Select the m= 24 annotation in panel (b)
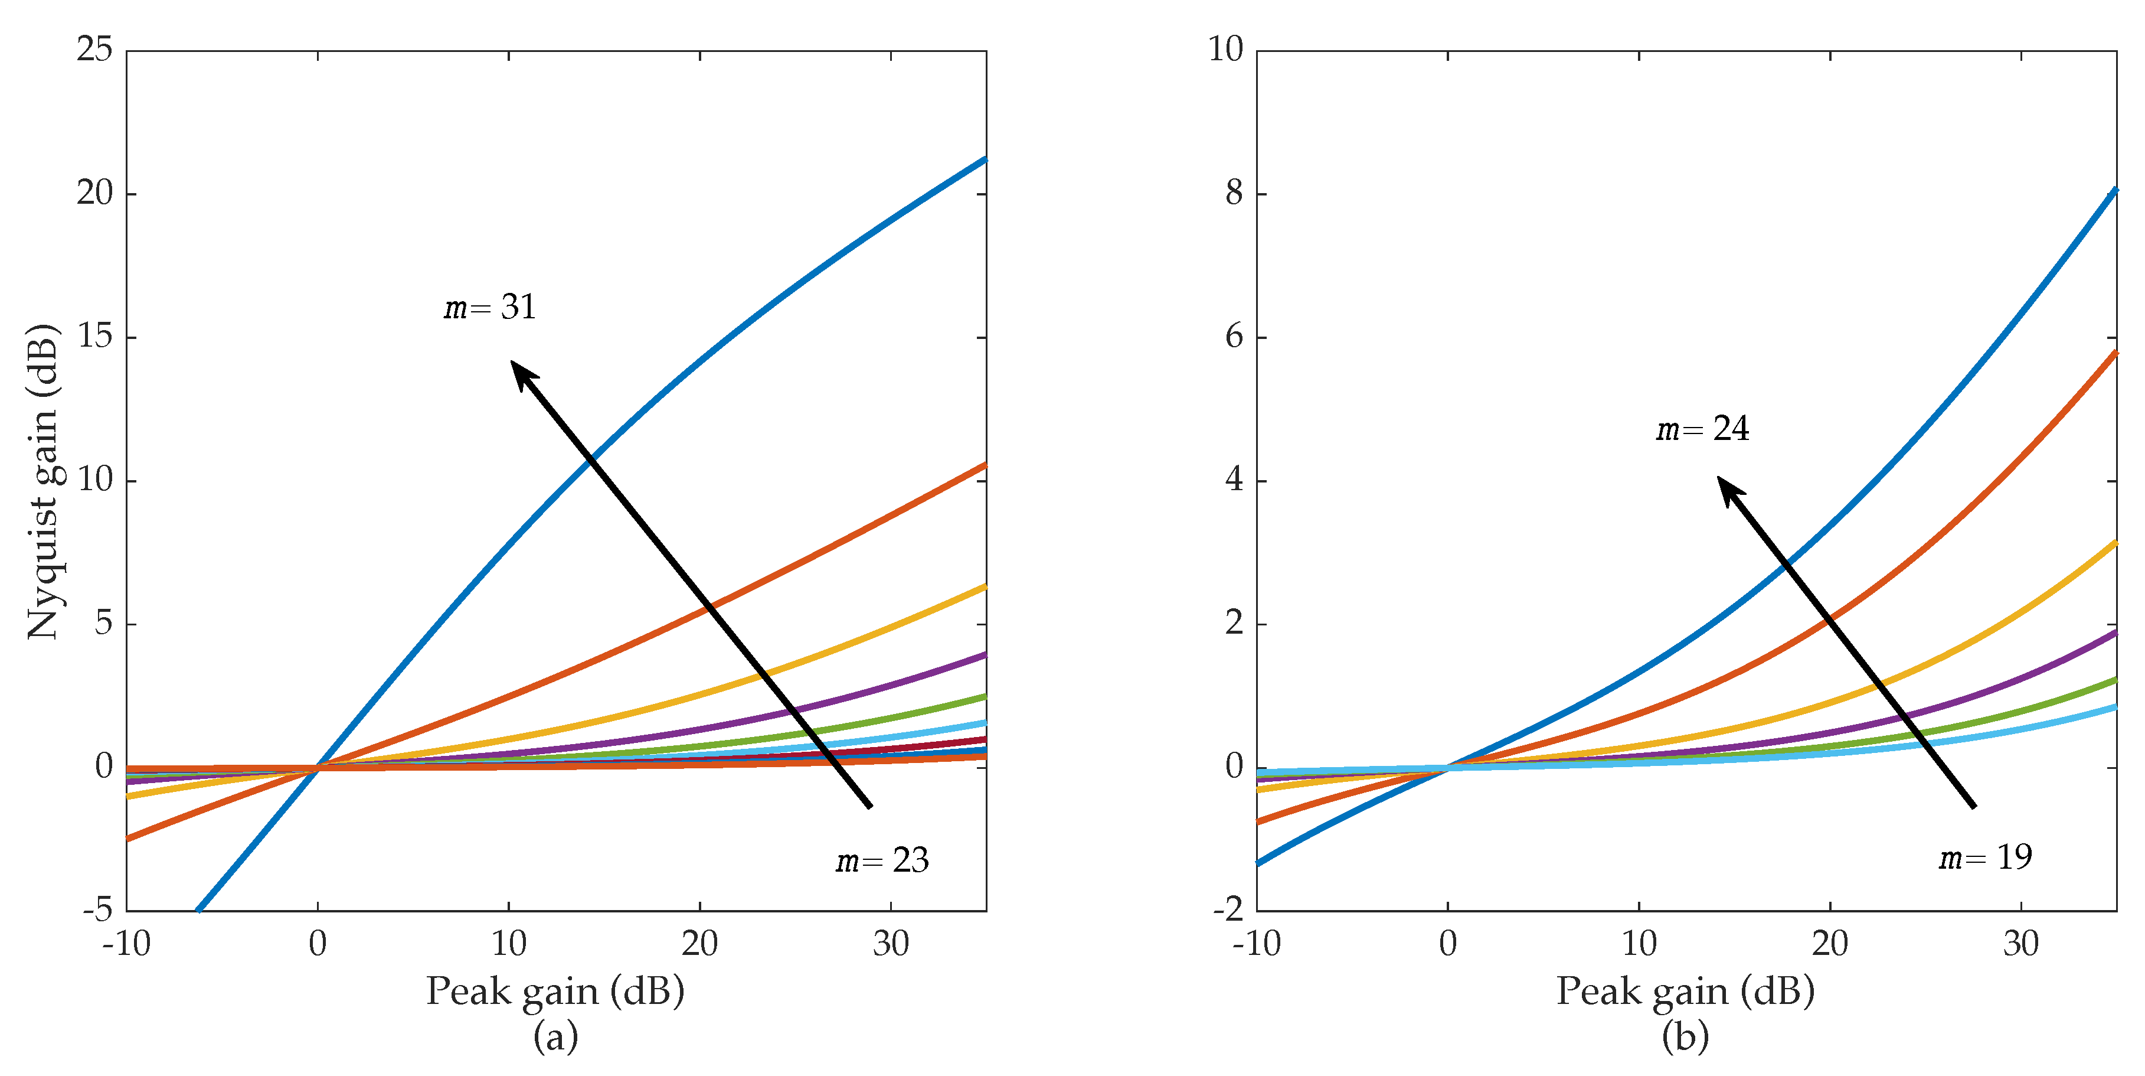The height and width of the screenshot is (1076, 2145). tap(1702, 429)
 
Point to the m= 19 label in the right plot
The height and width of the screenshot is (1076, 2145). tap(1985, 857)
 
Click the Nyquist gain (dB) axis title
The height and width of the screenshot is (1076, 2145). tap(43, 481)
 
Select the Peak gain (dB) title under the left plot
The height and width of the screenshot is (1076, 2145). tap(555, 991)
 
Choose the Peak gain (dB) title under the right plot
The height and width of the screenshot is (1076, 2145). tap(1685, 991)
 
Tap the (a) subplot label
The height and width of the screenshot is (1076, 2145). tap(555, 1037)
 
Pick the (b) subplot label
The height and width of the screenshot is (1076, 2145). tap(1685, 1037)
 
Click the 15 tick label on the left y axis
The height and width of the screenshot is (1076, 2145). tap(94, 337)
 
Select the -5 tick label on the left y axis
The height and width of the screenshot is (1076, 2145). tap(97, 909)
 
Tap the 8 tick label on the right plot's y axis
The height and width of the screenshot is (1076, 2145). tap(1234, 193)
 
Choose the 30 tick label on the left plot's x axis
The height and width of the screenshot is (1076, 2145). tap(890, 944)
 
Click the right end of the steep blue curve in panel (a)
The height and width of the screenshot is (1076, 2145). tap(984, 159)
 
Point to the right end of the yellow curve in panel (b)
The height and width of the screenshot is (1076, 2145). tap(2114, 543)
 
